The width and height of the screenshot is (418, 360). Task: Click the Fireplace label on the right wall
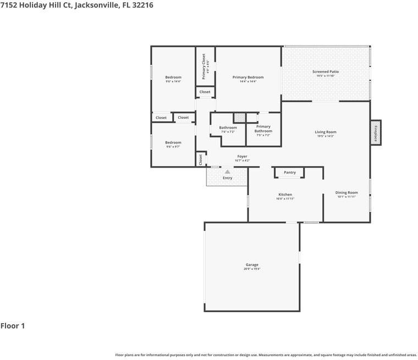pyautogui.click(x=376, y=132)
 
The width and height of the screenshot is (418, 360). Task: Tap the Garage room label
pyautogui.click(x=252, y=265)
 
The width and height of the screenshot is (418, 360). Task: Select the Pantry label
pyautogui.click(x=290, y=173)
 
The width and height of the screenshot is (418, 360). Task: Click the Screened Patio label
pyautogui.click(x=325, y=72)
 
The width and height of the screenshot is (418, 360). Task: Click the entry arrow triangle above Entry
pyautogui.click(x=227, y=172)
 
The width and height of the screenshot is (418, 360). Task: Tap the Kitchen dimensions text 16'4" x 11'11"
pyautogui.click(x=285, y=198)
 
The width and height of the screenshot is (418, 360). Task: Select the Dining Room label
pyautogui.click(x=346, y=192)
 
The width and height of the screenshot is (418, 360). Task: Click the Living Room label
pyautogui.click(x=326, y=132)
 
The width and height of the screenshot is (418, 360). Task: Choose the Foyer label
pyautogui.click(x=242, y=157)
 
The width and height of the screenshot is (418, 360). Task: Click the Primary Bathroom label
pyautogui.click(x=263, y=129)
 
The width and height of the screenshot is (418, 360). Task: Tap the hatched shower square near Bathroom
pyautogui.click(x=239, y=118)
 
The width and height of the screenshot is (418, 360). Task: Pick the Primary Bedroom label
pyautogui.click(x=248, y=77)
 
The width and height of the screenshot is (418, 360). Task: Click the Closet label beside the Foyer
pyautogui.click(x=201, y=159)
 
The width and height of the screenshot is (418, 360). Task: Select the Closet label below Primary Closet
pyautogui.click(x=205, y=92)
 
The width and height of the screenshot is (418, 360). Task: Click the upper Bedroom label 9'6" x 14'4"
pyautogui.click(x=173, y=77)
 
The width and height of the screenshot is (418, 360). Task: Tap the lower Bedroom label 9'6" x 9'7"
pyautogui.click(x=173, y=142)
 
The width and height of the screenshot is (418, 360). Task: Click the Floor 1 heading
pyautogui.click(x=13, y=326)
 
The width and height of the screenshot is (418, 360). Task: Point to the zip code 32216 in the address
pyautogui.click(x=143, y=5)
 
